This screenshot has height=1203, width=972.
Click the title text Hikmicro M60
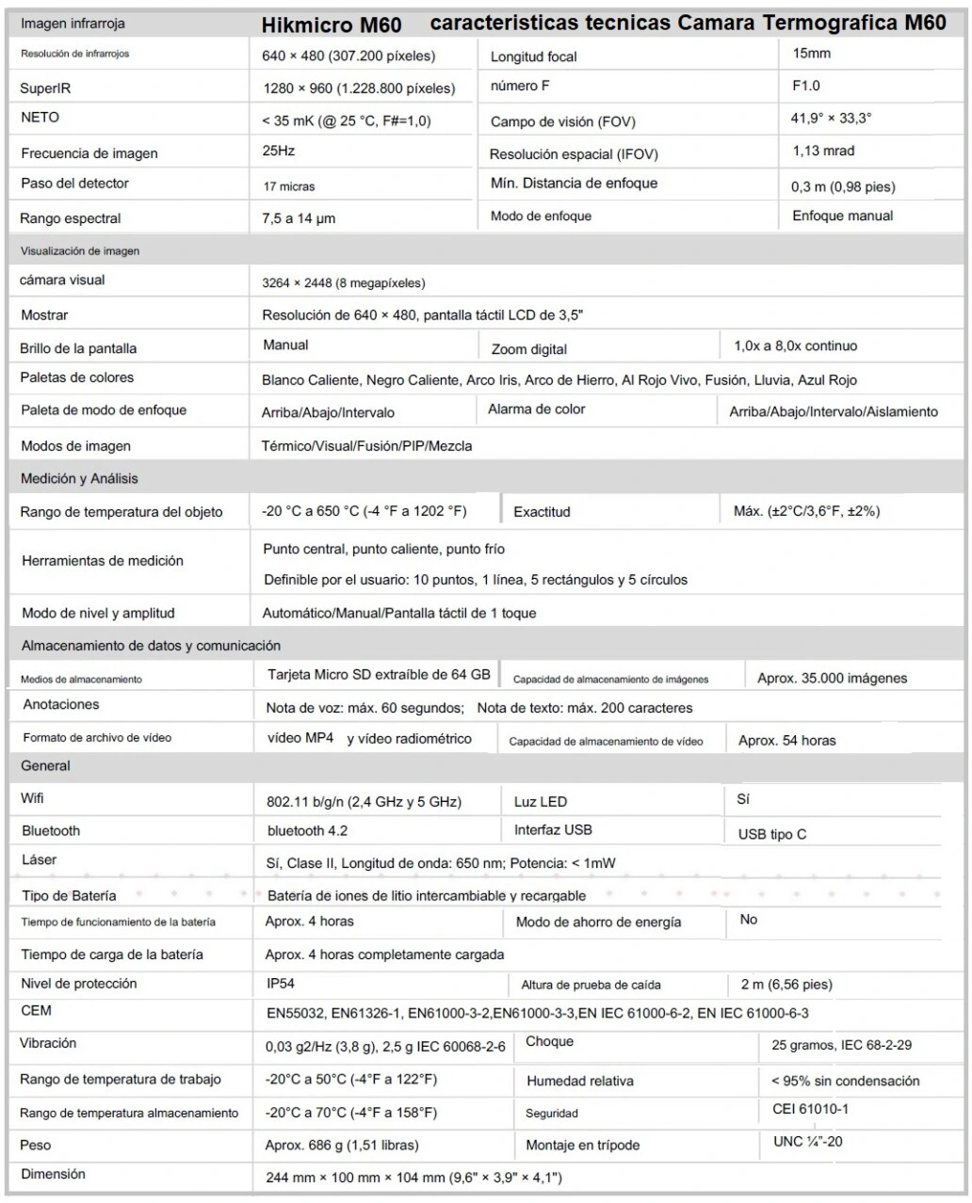[x=332, y=26]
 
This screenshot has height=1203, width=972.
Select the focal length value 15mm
[x=811, y=54]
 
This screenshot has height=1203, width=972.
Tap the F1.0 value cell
[x=806, y=86]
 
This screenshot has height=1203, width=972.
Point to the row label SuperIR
[x=45, y=88]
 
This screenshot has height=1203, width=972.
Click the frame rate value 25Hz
[x=279, y=151]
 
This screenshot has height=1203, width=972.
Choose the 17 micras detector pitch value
[x=289, y=186]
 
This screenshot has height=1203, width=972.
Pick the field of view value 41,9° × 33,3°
[x=832, y=119]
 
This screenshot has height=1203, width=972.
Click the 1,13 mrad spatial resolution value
[x=823, y=151]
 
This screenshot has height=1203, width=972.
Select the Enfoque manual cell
[x=842, y=216]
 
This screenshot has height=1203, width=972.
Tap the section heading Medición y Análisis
[x=79, y=478]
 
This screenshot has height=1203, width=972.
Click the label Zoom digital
[x=529, y=349]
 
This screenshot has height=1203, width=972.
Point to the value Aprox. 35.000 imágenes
[x=832, y=678]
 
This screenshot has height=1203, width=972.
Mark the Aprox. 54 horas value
[x=786, y=740]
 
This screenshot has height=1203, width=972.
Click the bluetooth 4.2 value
[x=307, y=831]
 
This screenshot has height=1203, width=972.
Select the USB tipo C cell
[x=772, y=834]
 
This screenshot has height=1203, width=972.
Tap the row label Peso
[x=36, y=1145]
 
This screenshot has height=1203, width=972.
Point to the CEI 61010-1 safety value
[x=810, y=1109]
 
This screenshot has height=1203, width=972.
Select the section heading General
[x=46, y=766]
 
